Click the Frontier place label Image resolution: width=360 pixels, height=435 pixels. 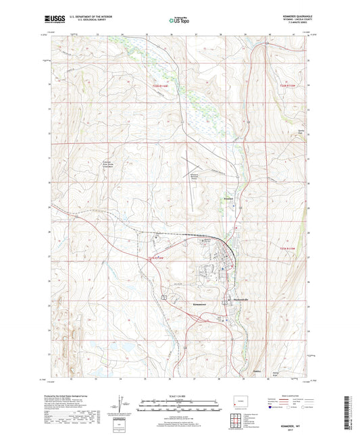click(x=229, y=199)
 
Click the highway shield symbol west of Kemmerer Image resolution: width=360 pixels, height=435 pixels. click(x=163, y=296)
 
